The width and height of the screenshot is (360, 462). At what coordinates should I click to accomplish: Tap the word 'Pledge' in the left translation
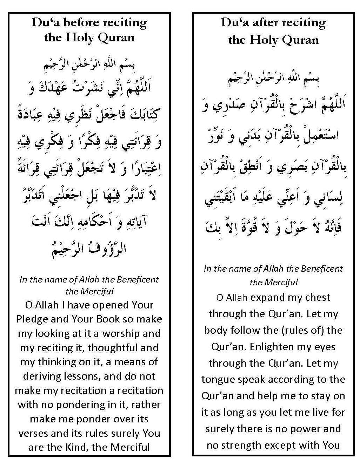(x=31, y=319)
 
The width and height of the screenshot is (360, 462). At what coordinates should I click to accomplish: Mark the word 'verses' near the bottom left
(x=33, y=434)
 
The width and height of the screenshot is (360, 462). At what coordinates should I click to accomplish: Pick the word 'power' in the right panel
(x=305, y=429)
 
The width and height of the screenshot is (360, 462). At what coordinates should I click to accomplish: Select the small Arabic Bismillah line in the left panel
(x=89, y=65)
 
